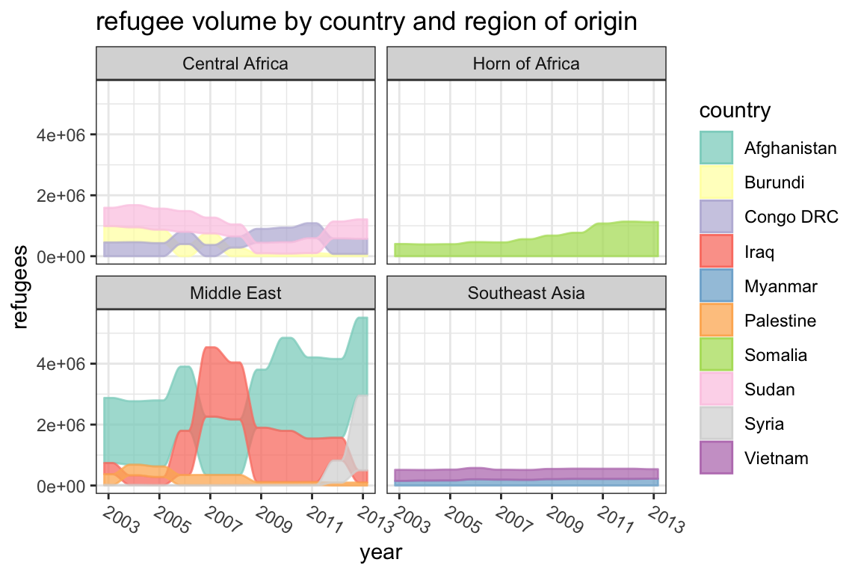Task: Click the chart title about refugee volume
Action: click(x=366, y=22)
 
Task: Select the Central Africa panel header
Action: click(x=235, y=64)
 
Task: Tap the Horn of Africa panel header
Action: click(x=526, y=64)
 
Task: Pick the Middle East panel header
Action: click(x=235, y=293)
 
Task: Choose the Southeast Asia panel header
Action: click(x=526, y=293)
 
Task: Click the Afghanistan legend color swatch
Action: click(x=717, y=148)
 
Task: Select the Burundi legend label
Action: click(x=774, y=182)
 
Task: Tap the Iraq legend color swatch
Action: click(x=717, y=251)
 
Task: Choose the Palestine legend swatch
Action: click(x=717, y=321)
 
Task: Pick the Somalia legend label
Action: click(x=775, y=355)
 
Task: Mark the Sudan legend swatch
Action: click(x=717, y=389)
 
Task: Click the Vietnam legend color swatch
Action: click(x=717, y=458)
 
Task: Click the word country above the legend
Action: click(x=735, y=111)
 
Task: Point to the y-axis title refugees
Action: click(x=22, y=288)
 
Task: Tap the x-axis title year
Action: click(x=381, y=553)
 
